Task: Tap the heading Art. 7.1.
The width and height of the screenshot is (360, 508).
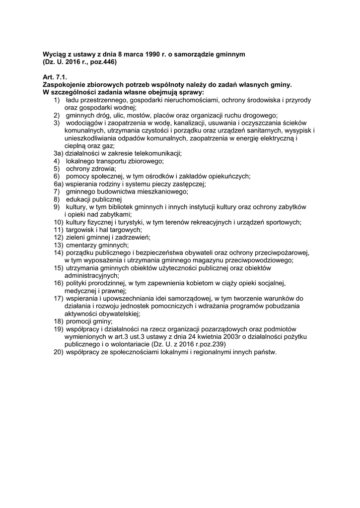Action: click(54, 78)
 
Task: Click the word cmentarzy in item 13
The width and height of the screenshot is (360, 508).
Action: click(82, 245)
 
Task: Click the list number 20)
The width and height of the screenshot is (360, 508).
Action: click(59, 352)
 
